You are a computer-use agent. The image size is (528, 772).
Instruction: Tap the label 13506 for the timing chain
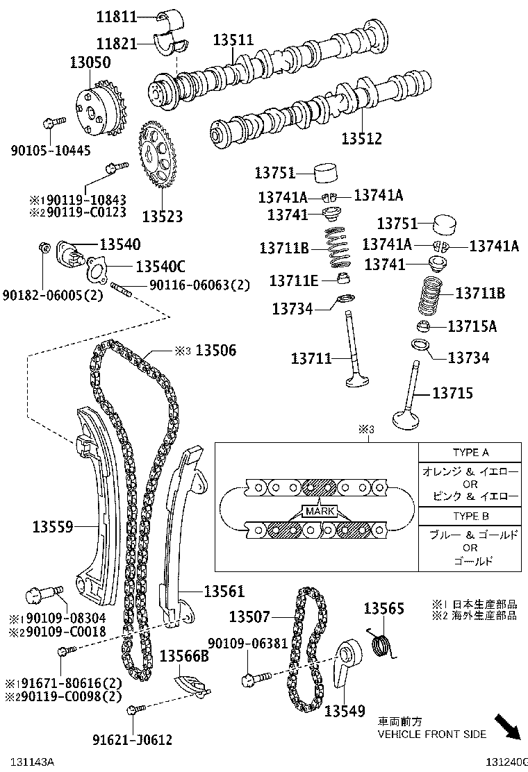[215, 351]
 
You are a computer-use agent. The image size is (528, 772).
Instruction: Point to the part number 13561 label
[224, 591]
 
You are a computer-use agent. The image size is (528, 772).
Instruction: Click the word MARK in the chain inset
[320, 512]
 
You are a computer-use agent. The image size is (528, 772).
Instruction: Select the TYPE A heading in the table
[470, 453]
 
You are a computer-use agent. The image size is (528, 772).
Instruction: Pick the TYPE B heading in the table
[470, 516]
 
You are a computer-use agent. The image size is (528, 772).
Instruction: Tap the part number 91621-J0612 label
[131, 740]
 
